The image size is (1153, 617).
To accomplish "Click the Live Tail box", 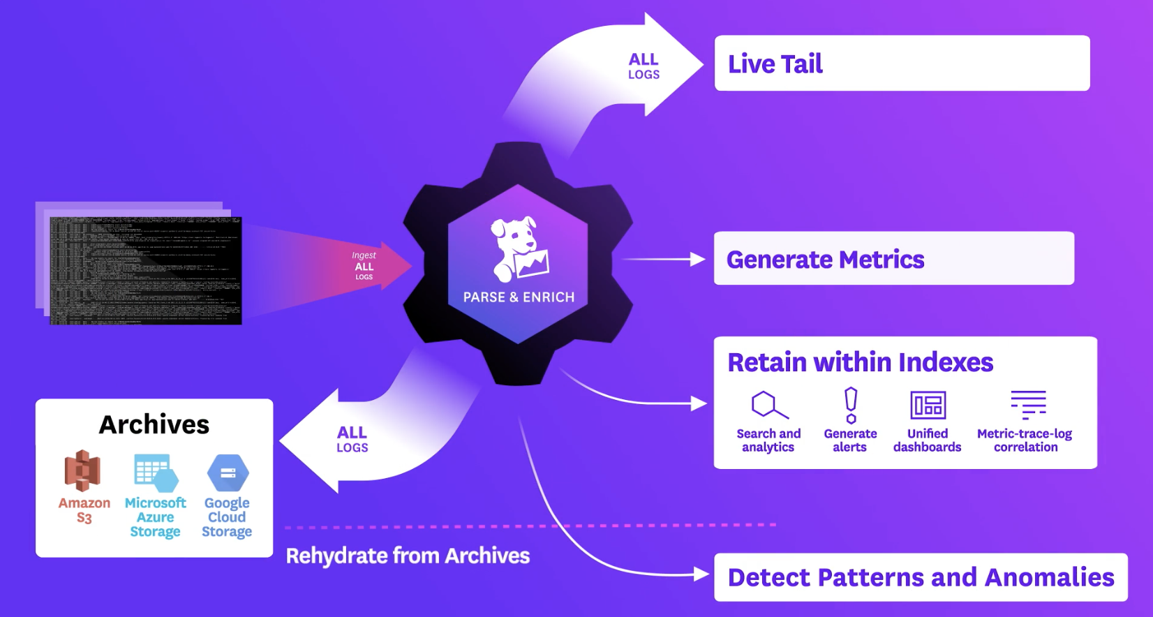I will tap(902, 64).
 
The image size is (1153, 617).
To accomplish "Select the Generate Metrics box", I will tap(893, 259).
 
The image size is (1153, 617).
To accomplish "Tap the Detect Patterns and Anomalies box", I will tap(921, 577).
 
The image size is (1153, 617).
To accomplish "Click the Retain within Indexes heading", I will tap(860, 363).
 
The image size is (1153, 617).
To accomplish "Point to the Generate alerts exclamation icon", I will tap(851, 406).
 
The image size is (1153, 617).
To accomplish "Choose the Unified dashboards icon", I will tap(928, 405).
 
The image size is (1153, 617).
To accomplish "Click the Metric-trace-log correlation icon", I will tap(1028, 405).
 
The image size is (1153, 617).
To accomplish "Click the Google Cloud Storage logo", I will tap(228, 473).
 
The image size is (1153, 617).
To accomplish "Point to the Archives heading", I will tap(154, 424).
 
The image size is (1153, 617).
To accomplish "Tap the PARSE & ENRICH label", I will tap(519, 297).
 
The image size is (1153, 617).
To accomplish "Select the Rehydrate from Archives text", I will tap(408, 556).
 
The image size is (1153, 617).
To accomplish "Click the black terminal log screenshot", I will tap(145, 271).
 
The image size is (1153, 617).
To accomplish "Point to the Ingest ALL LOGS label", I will tap(364, 266).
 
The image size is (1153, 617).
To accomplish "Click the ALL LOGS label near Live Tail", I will tap(644, 66).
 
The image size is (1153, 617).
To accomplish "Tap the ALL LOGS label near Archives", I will tap(352, 440).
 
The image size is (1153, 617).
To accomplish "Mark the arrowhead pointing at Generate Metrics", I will tap(697, 260).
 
